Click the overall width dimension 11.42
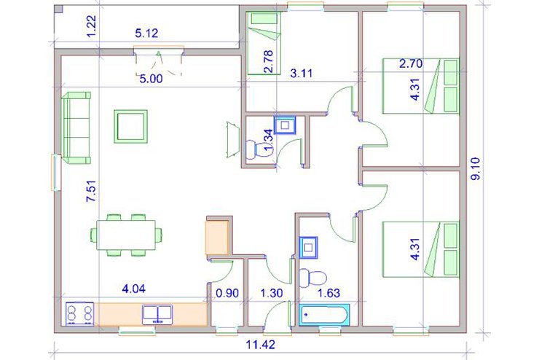coord(261,344)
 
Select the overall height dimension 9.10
coord(476,168)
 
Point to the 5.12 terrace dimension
coord(146,33)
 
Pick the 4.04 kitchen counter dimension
coord(134,288)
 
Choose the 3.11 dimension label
coord(301,73)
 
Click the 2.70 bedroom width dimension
coord(411,63)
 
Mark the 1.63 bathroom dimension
coord(328,293)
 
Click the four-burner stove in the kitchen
coord(79,313)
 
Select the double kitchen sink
coord(157,314)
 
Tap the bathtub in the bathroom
coord(324,315)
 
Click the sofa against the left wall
coord(76,128)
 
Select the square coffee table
coord(131,126)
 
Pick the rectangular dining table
coord(126,235)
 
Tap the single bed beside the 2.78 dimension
coord(264,43)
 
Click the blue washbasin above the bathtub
coord(308,247)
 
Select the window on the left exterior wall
coord(55,172)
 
